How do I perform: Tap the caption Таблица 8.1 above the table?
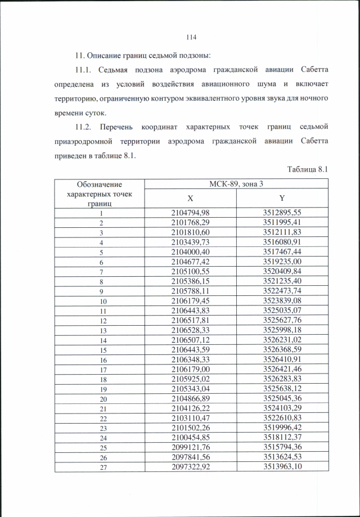click(307, 169)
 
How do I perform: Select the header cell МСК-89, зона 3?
click(236, 183)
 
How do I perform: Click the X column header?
click(190, 198)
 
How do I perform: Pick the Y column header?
click(282, 198)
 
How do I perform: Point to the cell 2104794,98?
click(190, 213)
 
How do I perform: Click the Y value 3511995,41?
click(282, 222)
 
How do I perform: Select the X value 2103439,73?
click(190, 242)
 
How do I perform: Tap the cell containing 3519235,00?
click(282, 262)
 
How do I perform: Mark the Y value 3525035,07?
click(282, 311)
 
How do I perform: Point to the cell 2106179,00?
click(190, 369)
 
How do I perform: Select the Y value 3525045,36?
click(282, 398)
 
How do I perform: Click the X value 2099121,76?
click(190, 448)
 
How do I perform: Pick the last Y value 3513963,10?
click(282, 467)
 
